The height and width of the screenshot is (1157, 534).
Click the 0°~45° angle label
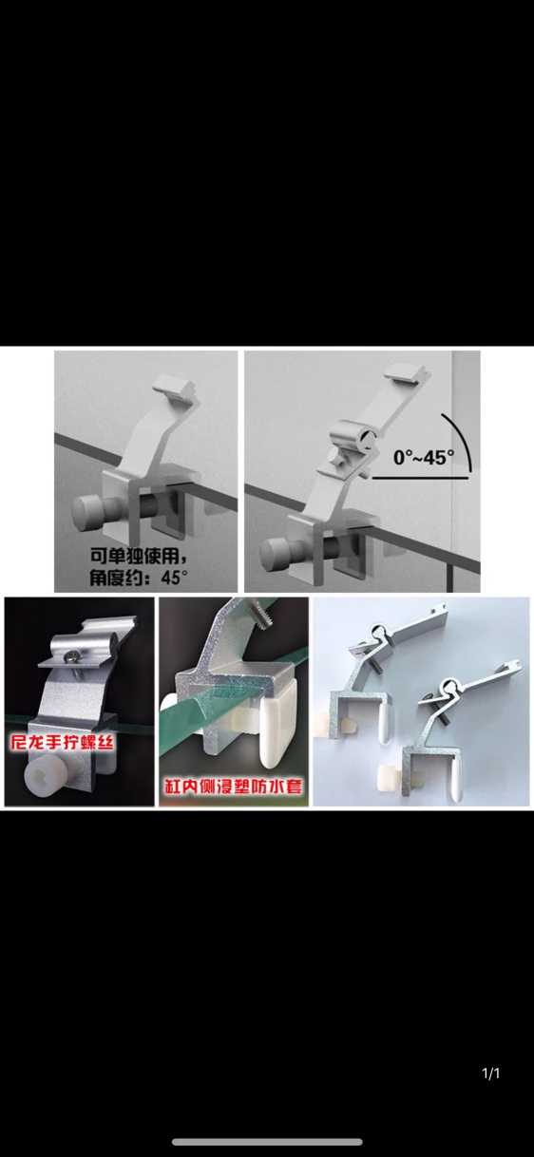(x=424, y=457)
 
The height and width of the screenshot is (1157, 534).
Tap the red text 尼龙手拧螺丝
(x=62, y=743)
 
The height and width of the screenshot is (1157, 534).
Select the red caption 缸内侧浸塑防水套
(x=234, y=787)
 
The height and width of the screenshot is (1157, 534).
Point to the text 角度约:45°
(x=139, y=577)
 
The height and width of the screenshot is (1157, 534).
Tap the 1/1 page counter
(x=490, y=1073)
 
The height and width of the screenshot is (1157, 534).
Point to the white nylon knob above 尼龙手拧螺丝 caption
(x=46, y=786)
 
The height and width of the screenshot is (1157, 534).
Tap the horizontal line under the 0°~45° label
(x=420, y=478)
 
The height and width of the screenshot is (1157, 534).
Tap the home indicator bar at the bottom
(x=267, y=1141)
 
